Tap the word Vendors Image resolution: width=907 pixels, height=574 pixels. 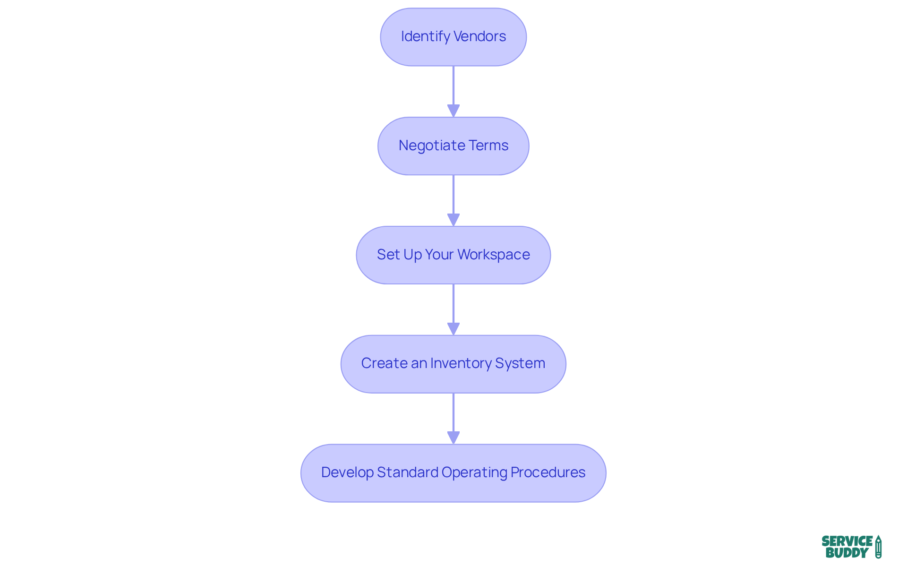pyautogui.click(x=480, y=36)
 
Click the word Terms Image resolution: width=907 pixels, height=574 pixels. pyautogui.click(x=488, y=146)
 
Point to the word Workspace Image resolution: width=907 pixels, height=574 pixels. pyautogui.click(x=494, y=255)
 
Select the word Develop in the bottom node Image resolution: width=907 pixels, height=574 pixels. pyautogui.click(x=347, y=472)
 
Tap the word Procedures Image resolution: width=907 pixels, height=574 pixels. pyautogui.click(x=548, y=472)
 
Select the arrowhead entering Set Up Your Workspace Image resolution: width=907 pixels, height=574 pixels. pyautogui.click(x=453, y=220)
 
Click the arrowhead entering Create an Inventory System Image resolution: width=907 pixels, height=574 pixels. pyautogui.click(x=453, y=329)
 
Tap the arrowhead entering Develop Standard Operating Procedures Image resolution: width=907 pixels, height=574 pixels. pyautogui.click(x=453, y=437)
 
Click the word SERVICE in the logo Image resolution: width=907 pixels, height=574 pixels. pyautogui.click(x=847, y=541)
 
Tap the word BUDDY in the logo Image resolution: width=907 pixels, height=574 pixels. pyautogui.click(x=847, y=553)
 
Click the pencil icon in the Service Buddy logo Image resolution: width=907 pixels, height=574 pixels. pyautogui.click(x=878, y=547)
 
